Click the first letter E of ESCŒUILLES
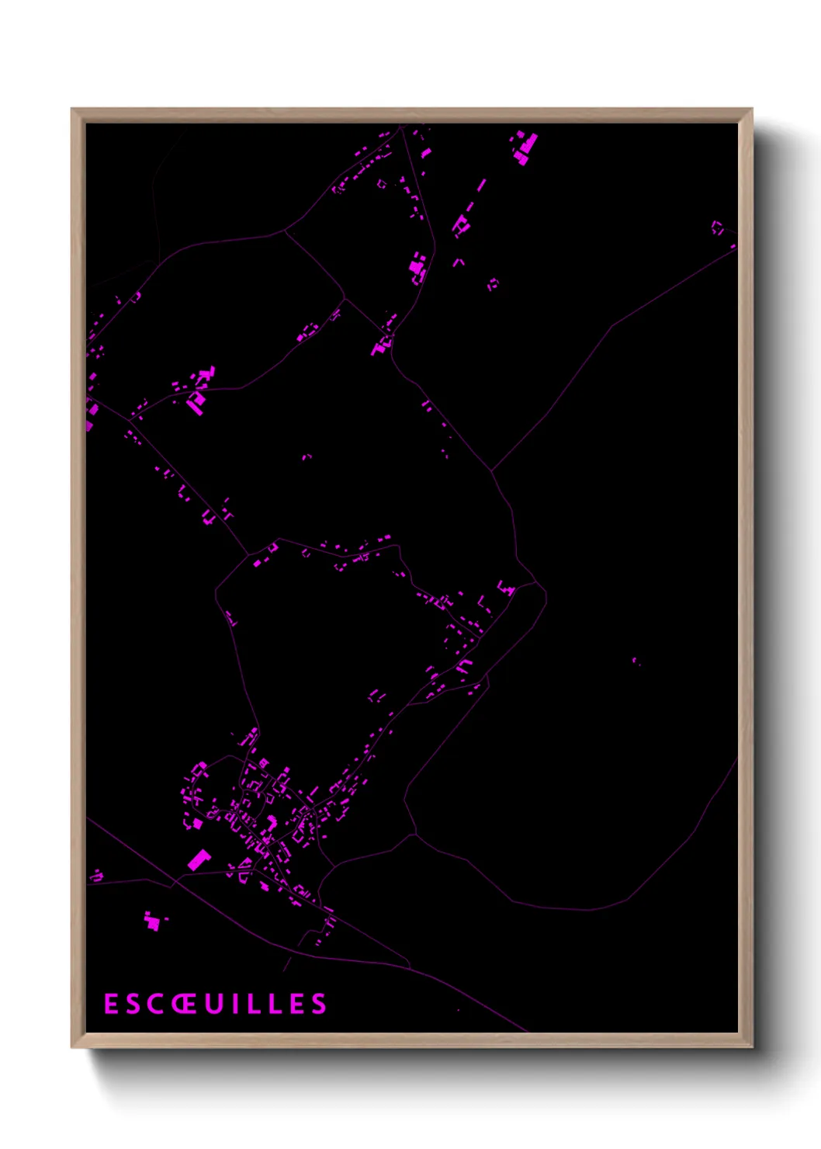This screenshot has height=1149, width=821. click(x=111, y=1004)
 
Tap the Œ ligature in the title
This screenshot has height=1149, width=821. click(x=183, y=1004)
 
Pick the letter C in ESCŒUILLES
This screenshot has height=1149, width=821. click(x=154, y=1004)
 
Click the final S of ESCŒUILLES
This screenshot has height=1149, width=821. click(x=319, y=1004)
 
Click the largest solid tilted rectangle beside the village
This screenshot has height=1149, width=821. click(x=199, y=859)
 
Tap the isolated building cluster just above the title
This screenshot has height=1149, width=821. click(x=153, y=922)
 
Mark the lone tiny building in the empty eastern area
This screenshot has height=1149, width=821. click(x=635, y=661)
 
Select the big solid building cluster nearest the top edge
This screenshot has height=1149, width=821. click(x=526, y=146)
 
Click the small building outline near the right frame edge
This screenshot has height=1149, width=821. click(x=718, y=227)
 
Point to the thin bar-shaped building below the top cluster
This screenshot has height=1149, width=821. click(x=481, y=186)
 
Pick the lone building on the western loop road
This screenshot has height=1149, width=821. click(x=231, y=619)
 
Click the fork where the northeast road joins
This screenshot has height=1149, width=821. click(x=491, y=470)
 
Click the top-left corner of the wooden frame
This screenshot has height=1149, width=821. click(x=72, y=109)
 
